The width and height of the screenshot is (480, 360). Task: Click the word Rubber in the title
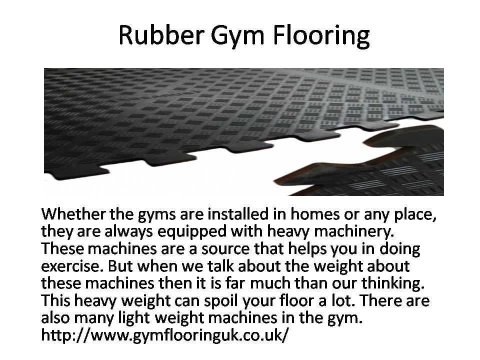pyautogui.click(x=161, y=34)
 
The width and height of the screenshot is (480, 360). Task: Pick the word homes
pyautogui.click(x=315, y=213)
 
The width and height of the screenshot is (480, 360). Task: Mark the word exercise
pyautogui.click(x=72, y=266)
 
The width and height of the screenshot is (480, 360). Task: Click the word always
pyautogui.click(x=128, y=231)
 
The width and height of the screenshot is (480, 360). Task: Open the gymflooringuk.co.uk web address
pyautogui.click(x=164, y=335)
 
